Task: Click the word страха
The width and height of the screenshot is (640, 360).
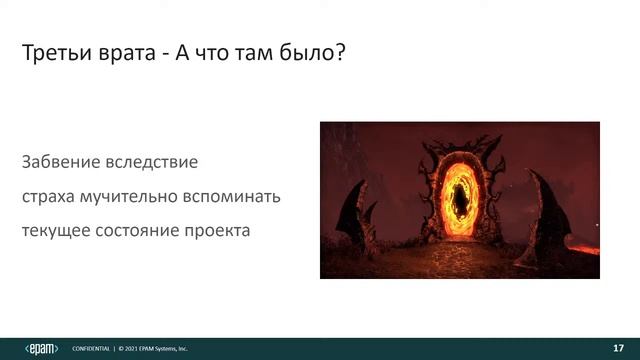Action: (x=48, y=196)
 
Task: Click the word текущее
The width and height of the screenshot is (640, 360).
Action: (x=56, y=230)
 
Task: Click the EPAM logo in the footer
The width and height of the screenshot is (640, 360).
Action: (x=40, y=348)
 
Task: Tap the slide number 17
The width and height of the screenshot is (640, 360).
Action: (x=617, y=348)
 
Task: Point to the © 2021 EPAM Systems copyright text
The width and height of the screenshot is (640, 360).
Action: (x=154, y=349)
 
